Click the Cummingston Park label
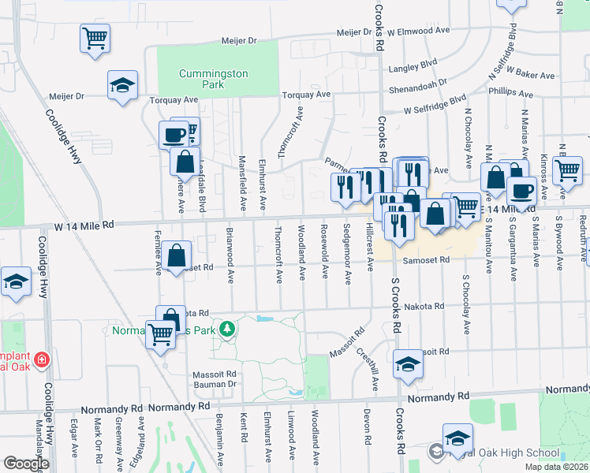point(213,79)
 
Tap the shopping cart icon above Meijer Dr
point(95,37)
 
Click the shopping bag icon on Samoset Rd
point(177,255)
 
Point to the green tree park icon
point(228,327)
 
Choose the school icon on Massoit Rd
point(408,363)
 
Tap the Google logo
point(26,464)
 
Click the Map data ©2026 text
point(557,467)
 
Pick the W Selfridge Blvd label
point(435,106)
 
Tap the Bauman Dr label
point(215,384)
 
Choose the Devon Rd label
point(368,429)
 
